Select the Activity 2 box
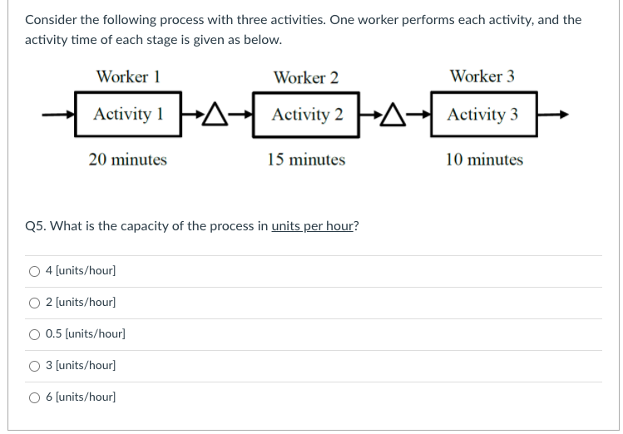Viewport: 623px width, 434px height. pos(306,115)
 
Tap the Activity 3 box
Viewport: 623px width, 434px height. pos(482,115)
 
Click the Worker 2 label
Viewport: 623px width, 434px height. pos(306,77)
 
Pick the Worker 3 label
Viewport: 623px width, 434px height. pos(482,76)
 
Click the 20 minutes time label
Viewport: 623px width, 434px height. pos(127,159)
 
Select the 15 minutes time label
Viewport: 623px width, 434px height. pos(306,159)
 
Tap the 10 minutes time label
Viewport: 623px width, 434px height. pos(484,159)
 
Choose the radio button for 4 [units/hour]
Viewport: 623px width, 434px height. pos(35,271)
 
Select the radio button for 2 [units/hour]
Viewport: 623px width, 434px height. pos(35,303)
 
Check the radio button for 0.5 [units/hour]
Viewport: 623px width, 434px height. pos(35,334)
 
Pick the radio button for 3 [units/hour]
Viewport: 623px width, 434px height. pos(35,366)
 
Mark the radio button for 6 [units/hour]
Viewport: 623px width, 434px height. pos(35,397)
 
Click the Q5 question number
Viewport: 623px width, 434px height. pos(35,226)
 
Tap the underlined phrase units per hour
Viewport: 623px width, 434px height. pos(313,226)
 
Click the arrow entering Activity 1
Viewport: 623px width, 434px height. pos(63,116)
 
